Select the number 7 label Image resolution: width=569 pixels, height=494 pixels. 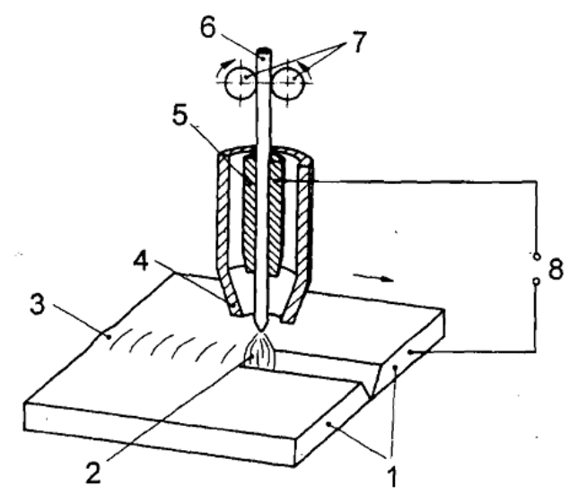[x=358, y=42]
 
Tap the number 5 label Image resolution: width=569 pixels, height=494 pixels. [x=180, y=116]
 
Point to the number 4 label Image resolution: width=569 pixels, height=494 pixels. [x=141, y=261]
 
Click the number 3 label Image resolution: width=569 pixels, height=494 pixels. [x=38, y=304]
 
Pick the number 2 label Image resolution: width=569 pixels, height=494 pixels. [x=93, y=473]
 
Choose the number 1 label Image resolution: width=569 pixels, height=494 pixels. [x=392, y=477]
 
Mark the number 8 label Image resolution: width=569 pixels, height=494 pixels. [x=556, y=269]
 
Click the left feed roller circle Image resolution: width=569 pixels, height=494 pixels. [x=240, y=83]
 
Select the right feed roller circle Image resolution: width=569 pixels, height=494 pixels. [x=289, y=83]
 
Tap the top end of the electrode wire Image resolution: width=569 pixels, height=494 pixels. [x=264, y=49]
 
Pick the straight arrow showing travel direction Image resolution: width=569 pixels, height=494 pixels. [x=373, y=277]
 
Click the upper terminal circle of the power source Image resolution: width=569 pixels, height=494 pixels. [x=536, y=256]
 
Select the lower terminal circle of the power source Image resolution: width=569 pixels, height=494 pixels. [x=536, y=281]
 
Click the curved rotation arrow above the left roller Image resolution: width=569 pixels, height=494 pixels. [x=223, y=68]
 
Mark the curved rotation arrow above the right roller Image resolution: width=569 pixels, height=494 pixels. [x=306, y=68]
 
